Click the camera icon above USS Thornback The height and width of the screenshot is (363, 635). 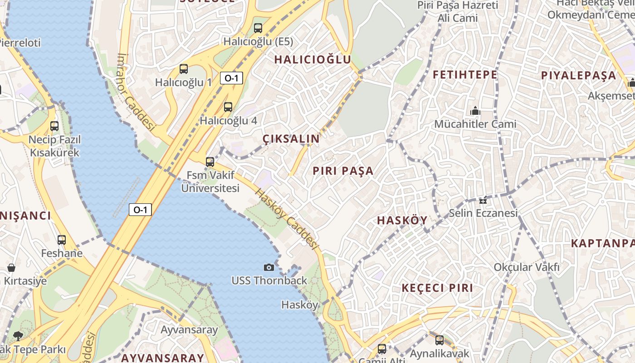point(269,267)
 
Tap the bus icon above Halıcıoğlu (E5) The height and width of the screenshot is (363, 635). point(258,28)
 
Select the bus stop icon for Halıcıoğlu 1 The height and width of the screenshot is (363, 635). point(184,69)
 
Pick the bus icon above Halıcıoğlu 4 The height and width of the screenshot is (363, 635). point(228,107)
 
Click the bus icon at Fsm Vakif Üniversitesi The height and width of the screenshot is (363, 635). point(210,162)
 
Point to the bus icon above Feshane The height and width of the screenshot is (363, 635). point(62,240)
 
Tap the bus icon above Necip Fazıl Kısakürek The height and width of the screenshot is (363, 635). point(54,126)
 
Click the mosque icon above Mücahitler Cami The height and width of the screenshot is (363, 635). point(475,110)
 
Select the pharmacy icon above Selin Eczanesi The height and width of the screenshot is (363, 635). point(483,200)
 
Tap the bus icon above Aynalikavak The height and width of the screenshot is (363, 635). point(439,340)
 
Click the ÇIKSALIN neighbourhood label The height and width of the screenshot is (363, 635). point(291,139)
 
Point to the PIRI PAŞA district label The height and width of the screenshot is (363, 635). point(343,171)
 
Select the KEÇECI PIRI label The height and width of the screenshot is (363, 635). point(437,288)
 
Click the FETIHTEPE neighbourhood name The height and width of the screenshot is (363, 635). point(465,75)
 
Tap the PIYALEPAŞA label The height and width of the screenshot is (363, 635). point(579,76)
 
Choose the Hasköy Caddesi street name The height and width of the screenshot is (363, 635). point(285,218)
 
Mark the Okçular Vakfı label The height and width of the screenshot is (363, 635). point(527,267)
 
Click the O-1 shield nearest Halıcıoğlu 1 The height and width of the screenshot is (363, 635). point(231,78)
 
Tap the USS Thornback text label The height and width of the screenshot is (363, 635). point(269,280)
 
